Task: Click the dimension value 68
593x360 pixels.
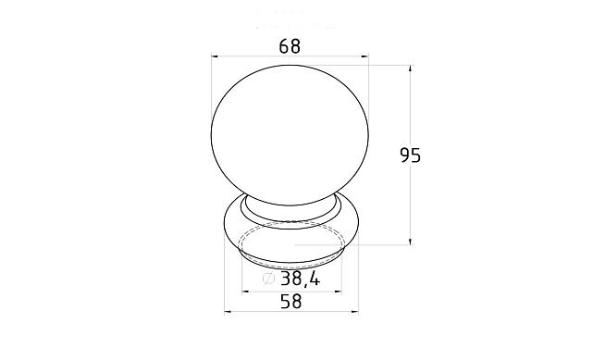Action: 290,46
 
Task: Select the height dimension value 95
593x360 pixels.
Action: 411,155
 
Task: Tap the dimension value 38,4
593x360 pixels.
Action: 301,279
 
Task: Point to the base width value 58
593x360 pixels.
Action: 291,302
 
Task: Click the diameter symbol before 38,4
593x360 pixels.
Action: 268,279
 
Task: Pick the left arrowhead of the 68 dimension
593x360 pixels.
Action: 215,56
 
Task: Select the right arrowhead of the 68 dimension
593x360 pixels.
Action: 364,56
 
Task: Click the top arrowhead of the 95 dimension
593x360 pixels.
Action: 411,69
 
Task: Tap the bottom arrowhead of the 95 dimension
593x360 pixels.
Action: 411,241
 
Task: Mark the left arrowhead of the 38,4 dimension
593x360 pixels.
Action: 246,292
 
